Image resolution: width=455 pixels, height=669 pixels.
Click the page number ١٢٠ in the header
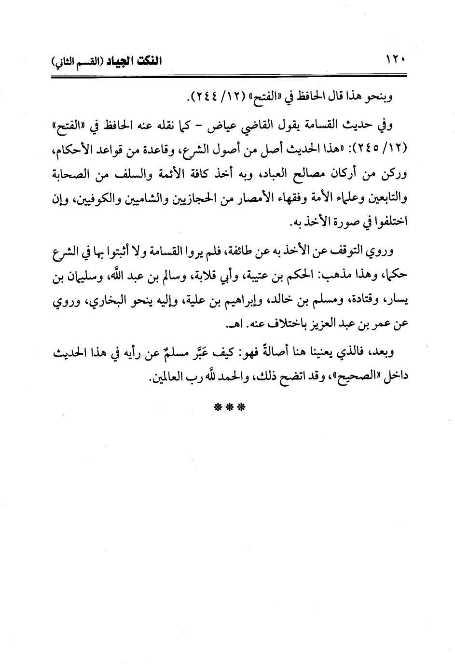395,61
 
